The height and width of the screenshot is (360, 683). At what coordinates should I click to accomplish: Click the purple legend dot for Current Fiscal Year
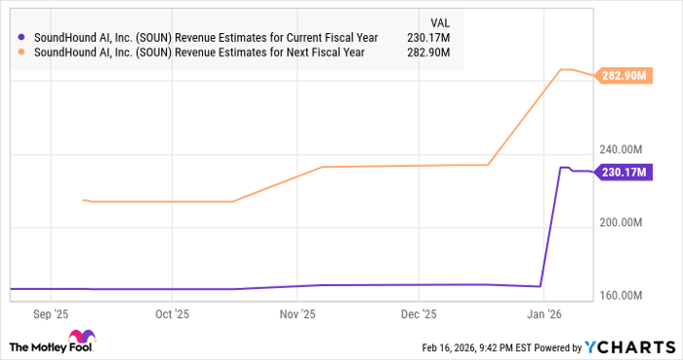(22, 37)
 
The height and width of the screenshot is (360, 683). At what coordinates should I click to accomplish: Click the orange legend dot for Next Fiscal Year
(22, 53)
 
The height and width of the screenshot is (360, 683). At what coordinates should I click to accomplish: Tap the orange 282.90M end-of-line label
(623, 75)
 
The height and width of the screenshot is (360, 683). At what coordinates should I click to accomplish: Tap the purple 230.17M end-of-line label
(623, 173)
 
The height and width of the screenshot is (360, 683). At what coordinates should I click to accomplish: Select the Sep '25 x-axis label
(50, 315)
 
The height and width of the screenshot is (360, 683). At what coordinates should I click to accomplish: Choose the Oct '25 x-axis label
(171, 315)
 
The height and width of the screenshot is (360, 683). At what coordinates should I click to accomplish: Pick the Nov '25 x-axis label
(298, 315)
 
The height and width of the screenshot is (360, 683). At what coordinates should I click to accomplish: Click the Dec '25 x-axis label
(419, 315)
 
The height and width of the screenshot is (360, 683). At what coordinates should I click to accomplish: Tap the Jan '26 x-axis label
(543, 315)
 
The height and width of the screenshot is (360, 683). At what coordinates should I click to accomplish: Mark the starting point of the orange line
(83, 200)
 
